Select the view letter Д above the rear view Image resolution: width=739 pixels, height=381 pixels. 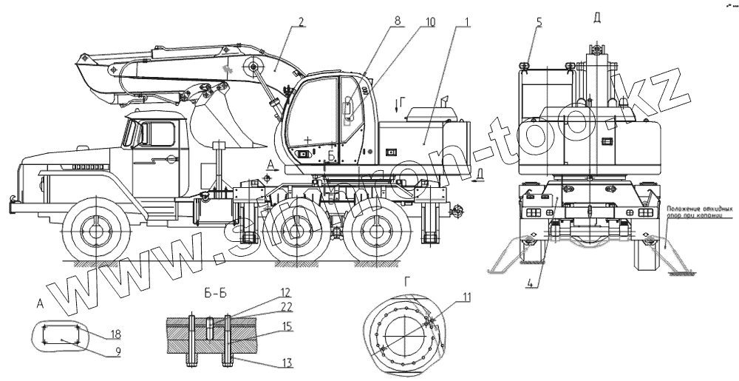pyautogui.click(x=597, y=16)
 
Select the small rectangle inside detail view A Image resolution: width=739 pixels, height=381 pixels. pyautogui.click(x=58, y=335)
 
